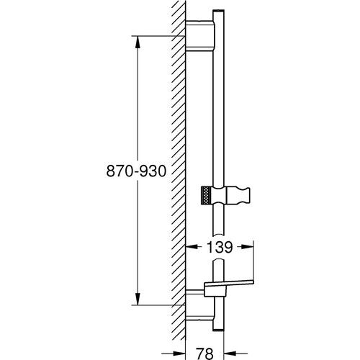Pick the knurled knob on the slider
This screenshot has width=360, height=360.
(x=208, y=195)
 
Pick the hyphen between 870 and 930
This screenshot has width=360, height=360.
(x=137, y=172)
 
